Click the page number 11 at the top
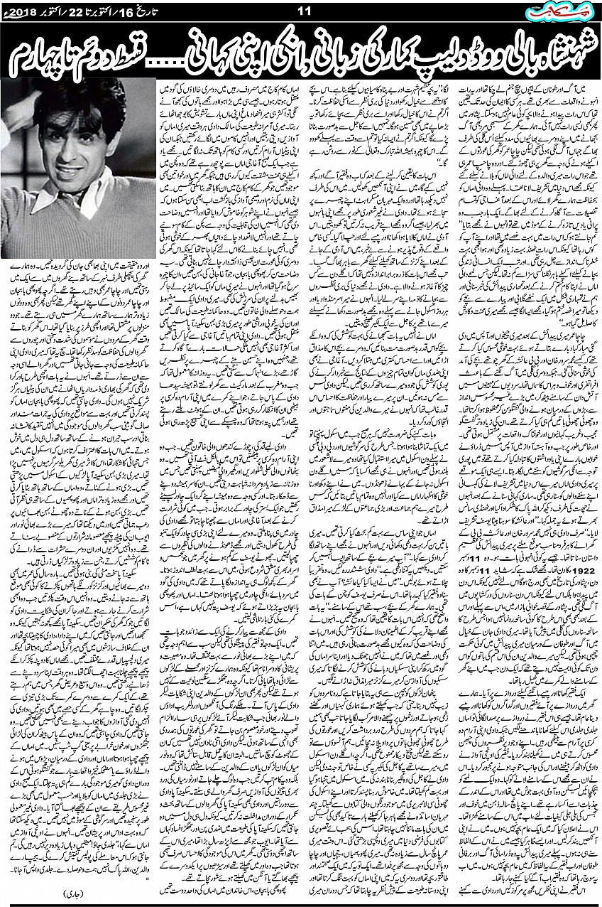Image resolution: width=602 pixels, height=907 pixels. coord(301,10)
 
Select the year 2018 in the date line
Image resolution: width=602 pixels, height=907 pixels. coord(18,11)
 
